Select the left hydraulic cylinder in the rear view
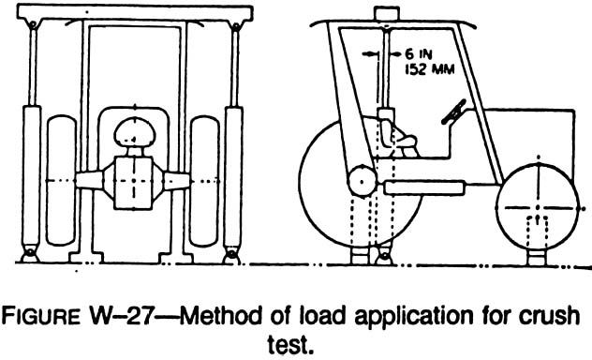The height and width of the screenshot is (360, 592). click(36, 169)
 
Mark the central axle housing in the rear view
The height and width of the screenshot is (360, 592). click(130, 179)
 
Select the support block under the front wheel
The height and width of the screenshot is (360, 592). click(537, 254)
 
